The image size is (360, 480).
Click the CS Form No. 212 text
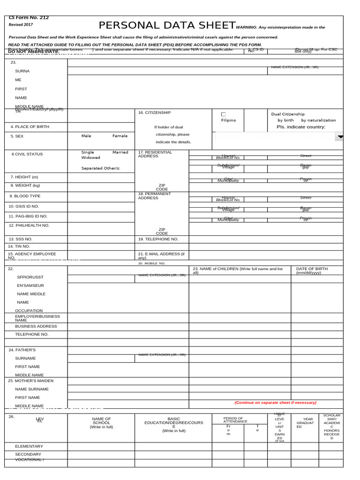29,17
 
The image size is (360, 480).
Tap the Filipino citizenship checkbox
223,114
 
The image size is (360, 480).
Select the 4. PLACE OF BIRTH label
30,127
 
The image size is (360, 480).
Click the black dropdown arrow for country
340,136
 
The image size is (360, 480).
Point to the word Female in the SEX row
120,136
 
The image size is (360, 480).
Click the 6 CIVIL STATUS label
27,154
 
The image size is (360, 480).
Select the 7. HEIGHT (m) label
24,177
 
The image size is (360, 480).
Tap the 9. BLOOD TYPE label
25,196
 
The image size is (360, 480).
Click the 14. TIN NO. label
19,246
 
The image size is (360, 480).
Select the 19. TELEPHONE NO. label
158,239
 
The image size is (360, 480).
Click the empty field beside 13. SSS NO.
101,239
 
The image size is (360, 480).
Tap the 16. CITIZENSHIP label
154,113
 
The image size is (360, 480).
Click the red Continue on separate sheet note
275,402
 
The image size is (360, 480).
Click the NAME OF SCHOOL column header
101,420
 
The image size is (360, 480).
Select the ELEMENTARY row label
29,446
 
